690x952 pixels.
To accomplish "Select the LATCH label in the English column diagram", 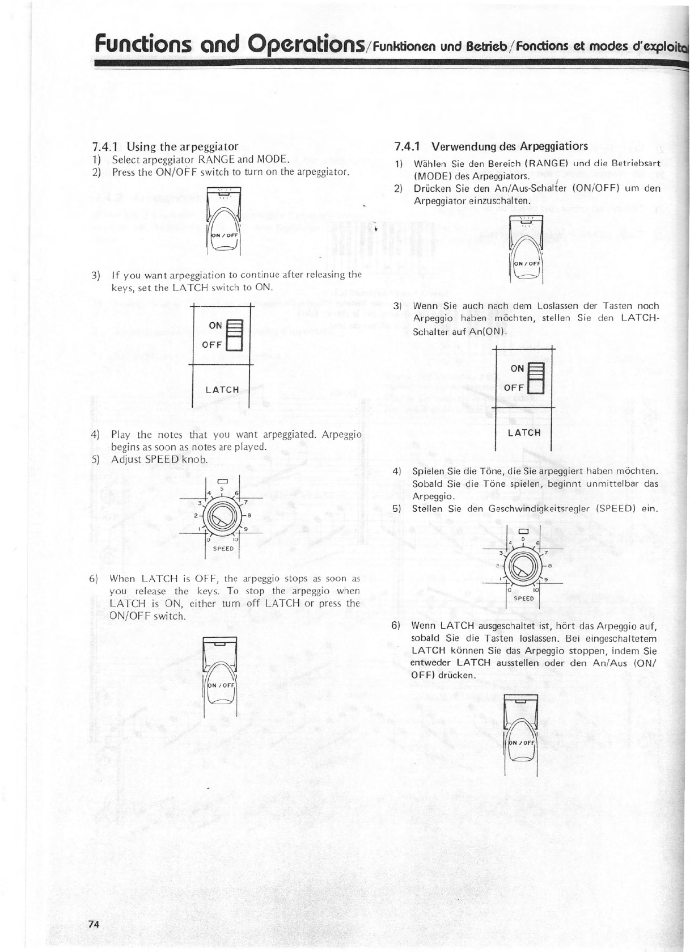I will pyautogui.click(x=222, y=390).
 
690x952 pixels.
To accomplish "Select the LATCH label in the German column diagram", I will pyautogui.click(x=524, y=433).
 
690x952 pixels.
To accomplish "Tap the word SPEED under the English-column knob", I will pyautogui.click(x=223, y=549).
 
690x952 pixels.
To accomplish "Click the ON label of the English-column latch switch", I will pyautogui.click(x=216, y=326).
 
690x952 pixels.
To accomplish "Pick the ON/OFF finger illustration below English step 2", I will pyautogui.click(x=225, y=221).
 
